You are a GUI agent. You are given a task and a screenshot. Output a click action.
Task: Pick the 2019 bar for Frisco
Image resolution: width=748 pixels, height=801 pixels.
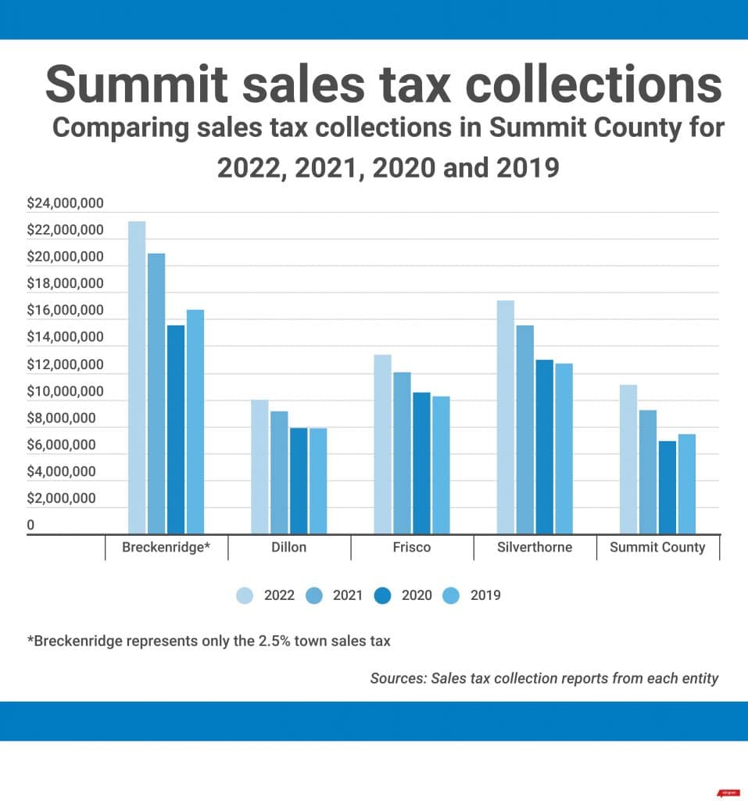pos(441,465)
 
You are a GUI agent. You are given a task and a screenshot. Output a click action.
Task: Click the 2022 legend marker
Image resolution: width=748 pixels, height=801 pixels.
pos(245,595)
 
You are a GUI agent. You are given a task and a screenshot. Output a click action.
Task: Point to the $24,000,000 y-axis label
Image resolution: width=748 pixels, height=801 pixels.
pos(65,203)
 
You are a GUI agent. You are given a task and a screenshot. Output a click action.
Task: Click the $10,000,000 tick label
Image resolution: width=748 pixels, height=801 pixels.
pos(65,391)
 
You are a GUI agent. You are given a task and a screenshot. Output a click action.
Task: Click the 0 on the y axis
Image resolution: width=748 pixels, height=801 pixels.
pos(31,526)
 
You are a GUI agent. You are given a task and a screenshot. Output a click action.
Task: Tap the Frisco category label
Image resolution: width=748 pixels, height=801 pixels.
pos(412,548)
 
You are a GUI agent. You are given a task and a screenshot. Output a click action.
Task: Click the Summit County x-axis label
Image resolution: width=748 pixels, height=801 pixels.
pos(657,548)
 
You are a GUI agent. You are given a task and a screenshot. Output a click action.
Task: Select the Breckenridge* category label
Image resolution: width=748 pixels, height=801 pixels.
pos(166,548)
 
